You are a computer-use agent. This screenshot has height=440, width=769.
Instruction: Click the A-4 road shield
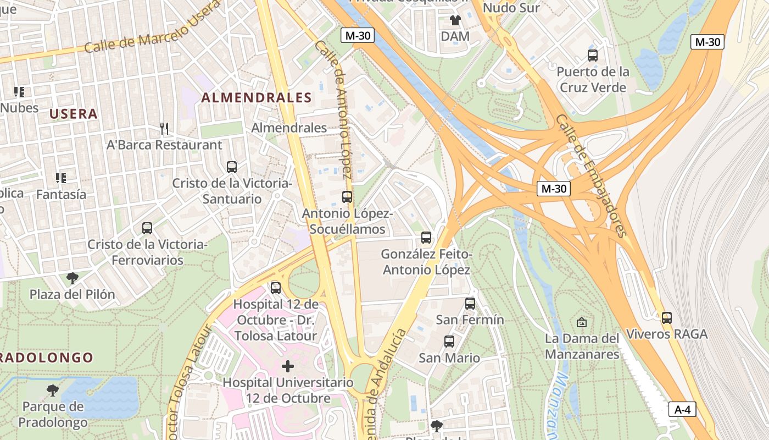(x=682, y=409)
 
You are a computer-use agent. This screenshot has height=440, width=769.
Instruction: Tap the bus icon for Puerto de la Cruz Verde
(x=592, y=56)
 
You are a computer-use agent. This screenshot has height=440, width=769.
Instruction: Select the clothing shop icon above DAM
(x=455, y=21)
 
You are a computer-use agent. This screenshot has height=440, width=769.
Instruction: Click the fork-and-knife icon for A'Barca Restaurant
(x=164, y=129)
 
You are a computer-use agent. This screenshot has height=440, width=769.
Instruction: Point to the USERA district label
(x=74, y=114)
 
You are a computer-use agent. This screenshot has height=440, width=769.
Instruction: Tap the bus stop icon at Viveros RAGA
(x=666, y=317)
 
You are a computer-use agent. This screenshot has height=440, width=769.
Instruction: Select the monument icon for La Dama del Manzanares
(x=582, y=322)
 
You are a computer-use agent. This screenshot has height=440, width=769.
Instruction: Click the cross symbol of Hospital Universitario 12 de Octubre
(x=287, y=366)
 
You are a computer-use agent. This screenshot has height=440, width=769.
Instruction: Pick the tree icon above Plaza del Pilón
(x=72, y=278)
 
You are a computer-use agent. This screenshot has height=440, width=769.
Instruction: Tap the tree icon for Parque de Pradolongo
(x=53, y=391)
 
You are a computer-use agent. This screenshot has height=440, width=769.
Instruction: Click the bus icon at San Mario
(x=449, y=342)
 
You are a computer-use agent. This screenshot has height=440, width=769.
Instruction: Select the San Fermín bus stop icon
(x=470, y=304)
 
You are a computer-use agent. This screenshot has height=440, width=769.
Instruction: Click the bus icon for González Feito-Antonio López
(x=426, y=238)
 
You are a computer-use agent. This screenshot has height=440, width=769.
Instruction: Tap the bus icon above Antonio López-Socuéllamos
(x=347, y=196)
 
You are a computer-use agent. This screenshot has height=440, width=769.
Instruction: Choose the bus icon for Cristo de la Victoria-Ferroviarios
(x=147, y=228)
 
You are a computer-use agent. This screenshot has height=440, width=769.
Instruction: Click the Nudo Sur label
(x=511, y=8)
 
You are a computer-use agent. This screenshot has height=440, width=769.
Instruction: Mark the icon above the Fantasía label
(x=60, y=178)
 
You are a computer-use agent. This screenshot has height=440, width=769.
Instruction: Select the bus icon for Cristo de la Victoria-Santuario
(x=231, y=167)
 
